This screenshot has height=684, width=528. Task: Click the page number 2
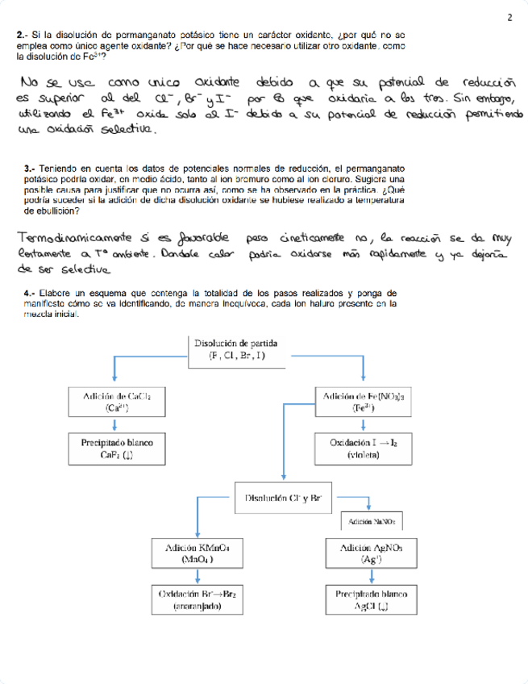pyautogui.click(x=509, y=17)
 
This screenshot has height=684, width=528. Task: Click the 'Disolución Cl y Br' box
pyautogui.click(x=282, y=498)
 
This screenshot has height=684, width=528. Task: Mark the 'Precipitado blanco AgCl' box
pyautogui.click(x=372, y=600)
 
